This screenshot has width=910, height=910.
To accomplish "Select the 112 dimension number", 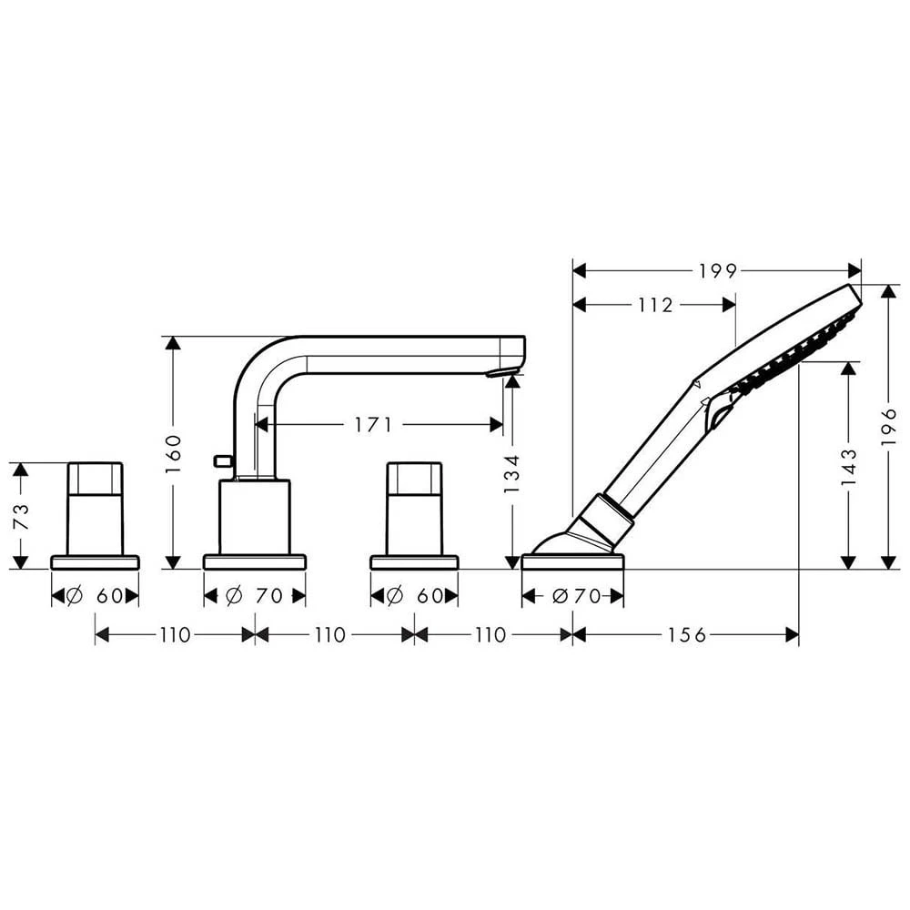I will click(654, 306).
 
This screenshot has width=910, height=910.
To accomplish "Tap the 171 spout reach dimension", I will click(373, 424).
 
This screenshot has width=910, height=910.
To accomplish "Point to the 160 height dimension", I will click(174, 452).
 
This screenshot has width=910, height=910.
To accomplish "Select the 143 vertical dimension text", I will click(849, 465).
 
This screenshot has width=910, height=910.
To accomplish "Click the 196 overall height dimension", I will click(889, 426).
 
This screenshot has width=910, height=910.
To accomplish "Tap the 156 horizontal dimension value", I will click(686, 635).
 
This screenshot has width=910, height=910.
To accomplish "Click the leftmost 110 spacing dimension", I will click(175, 635).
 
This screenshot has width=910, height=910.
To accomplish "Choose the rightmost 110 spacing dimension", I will click(491, 635).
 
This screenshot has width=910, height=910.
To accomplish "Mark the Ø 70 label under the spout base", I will click(256, 597).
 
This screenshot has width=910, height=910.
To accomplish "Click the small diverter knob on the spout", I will click(220, 461).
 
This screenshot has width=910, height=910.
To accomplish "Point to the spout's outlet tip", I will click(502, 371).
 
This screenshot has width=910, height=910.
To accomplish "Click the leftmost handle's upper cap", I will click(95, 479).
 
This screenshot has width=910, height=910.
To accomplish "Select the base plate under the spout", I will click(255, 561).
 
